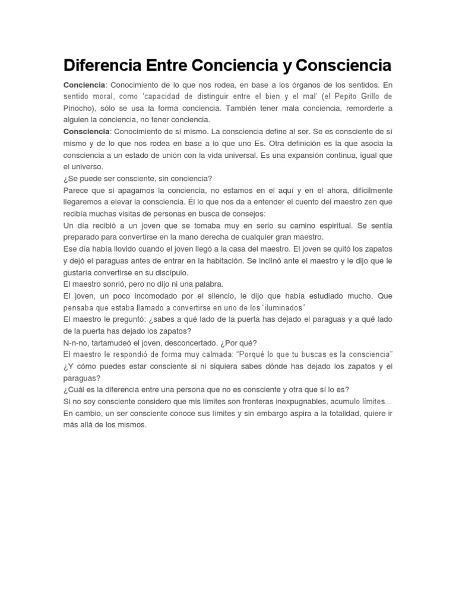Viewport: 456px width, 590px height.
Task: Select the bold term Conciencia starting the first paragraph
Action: tap(84, 85)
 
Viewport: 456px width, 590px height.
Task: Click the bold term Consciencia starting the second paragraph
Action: tap(87, 131)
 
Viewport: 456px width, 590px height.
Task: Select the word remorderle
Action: tap(360, 109)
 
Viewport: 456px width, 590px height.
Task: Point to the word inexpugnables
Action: tap(299, 401)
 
